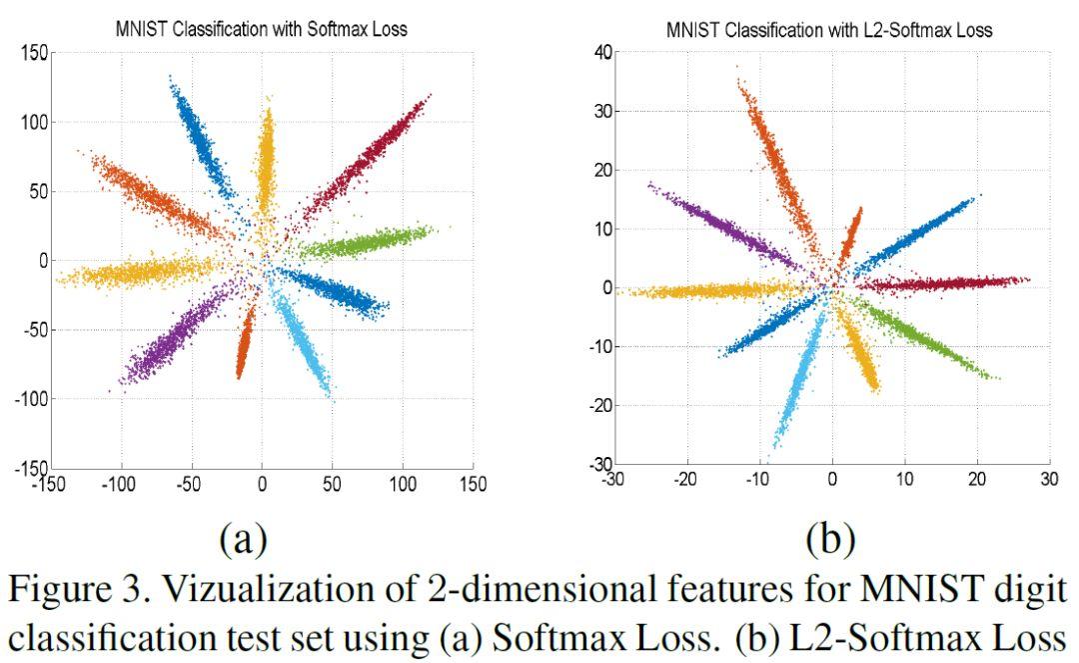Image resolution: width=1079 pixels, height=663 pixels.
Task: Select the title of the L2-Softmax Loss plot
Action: click(829, 30)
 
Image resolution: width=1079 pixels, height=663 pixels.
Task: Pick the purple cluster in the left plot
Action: click(170, 340)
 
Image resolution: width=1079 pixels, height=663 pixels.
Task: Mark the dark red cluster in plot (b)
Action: click(939, 284)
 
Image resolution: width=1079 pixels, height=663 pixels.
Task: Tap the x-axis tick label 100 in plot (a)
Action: click(403, 485)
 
